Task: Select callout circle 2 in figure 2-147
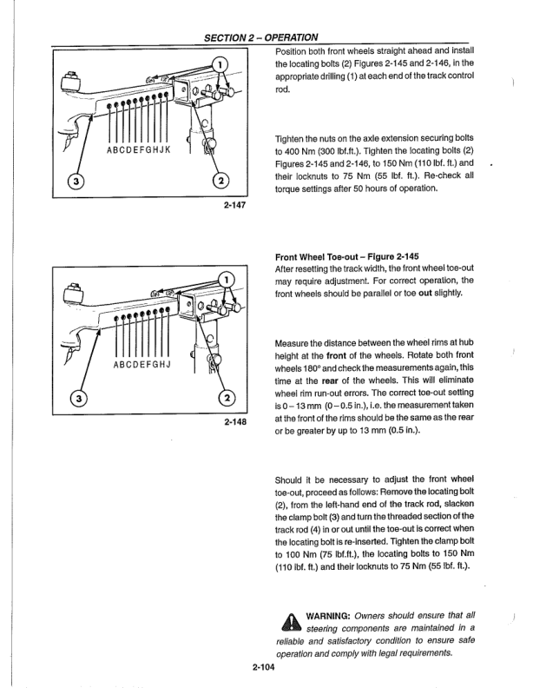(220, 181)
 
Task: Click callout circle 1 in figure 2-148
(226, 280)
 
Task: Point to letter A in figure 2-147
(109, 149)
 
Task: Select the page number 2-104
(265, 667)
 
